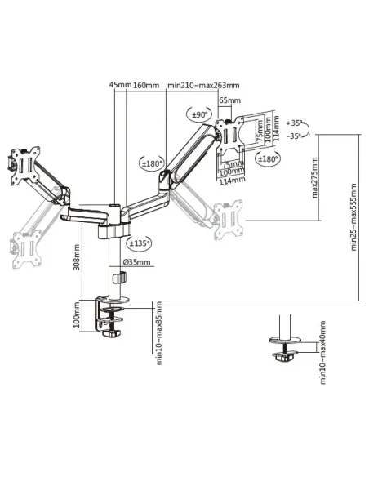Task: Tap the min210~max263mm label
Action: pyautogui.click(x=202, y=84)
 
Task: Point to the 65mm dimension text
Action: pyautogui.click(x=230, y=100)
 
